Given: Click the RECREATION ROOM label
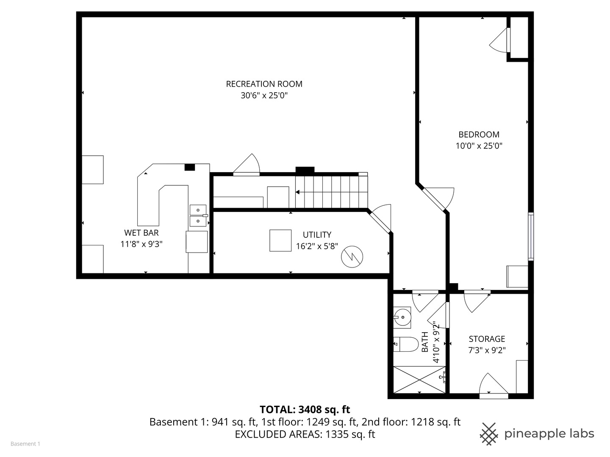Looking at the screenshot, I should (264, 84).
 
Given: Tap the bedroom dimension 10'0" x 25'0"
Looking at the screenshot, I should (479, 146).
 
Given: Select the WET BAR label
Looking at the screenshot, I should (141, 233).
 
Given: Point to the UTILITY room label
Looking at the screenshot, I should (317, 235).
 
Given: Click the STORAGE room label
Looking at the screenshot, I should (487, 339).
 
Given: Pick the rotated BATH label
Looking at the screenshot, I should (425, 342).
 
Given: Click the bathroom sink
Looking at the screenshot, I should (402, 317).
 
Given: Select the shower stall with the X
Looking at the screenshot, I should (419, 380).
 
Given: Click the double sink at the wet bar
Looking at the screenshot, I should (198, 215).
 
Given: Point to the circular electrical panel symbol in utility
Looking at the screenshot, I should (352, 256).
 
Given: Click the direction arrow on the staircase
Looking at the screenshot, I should (298, 192).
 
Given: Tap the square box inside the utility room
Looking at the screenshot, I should (280, 240).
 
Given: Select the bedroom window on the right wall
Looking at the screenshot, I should (530, 236).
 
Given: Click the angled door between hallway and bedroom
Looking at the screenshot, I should (436, 199).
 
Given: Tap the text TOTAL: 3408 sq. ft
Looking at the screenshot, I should (305, 410).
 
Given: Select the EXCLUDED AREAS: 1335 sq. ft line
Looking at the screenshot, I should (305, 435).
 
